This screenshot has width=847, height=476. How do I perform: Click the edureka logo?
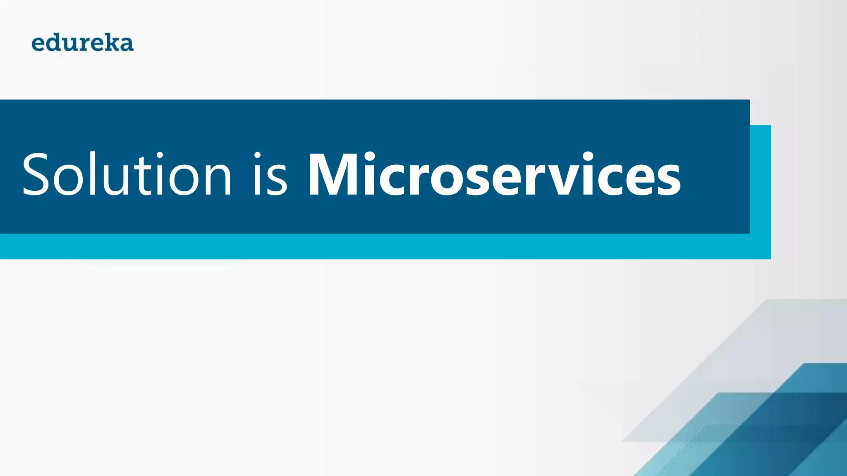83,43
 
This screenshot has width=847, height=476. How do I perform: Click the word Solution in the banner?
126,174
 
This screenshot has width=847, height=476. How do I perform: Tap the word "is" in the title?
270,174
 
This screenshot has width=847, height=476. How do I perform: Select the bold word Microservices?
494,174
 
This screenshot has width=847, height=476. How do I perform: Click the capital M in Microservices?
335,174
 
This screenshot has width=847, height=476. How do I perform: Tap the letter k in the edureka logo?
112,43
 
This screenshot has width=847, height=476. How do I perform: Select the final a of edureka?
126,45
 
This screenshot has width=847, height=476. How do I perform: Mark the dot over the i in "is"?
257,156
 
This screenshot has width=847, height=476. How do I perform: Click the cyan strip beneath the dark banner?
372,247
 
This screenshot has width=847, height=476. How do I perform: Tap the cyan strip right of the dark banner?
761,186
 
